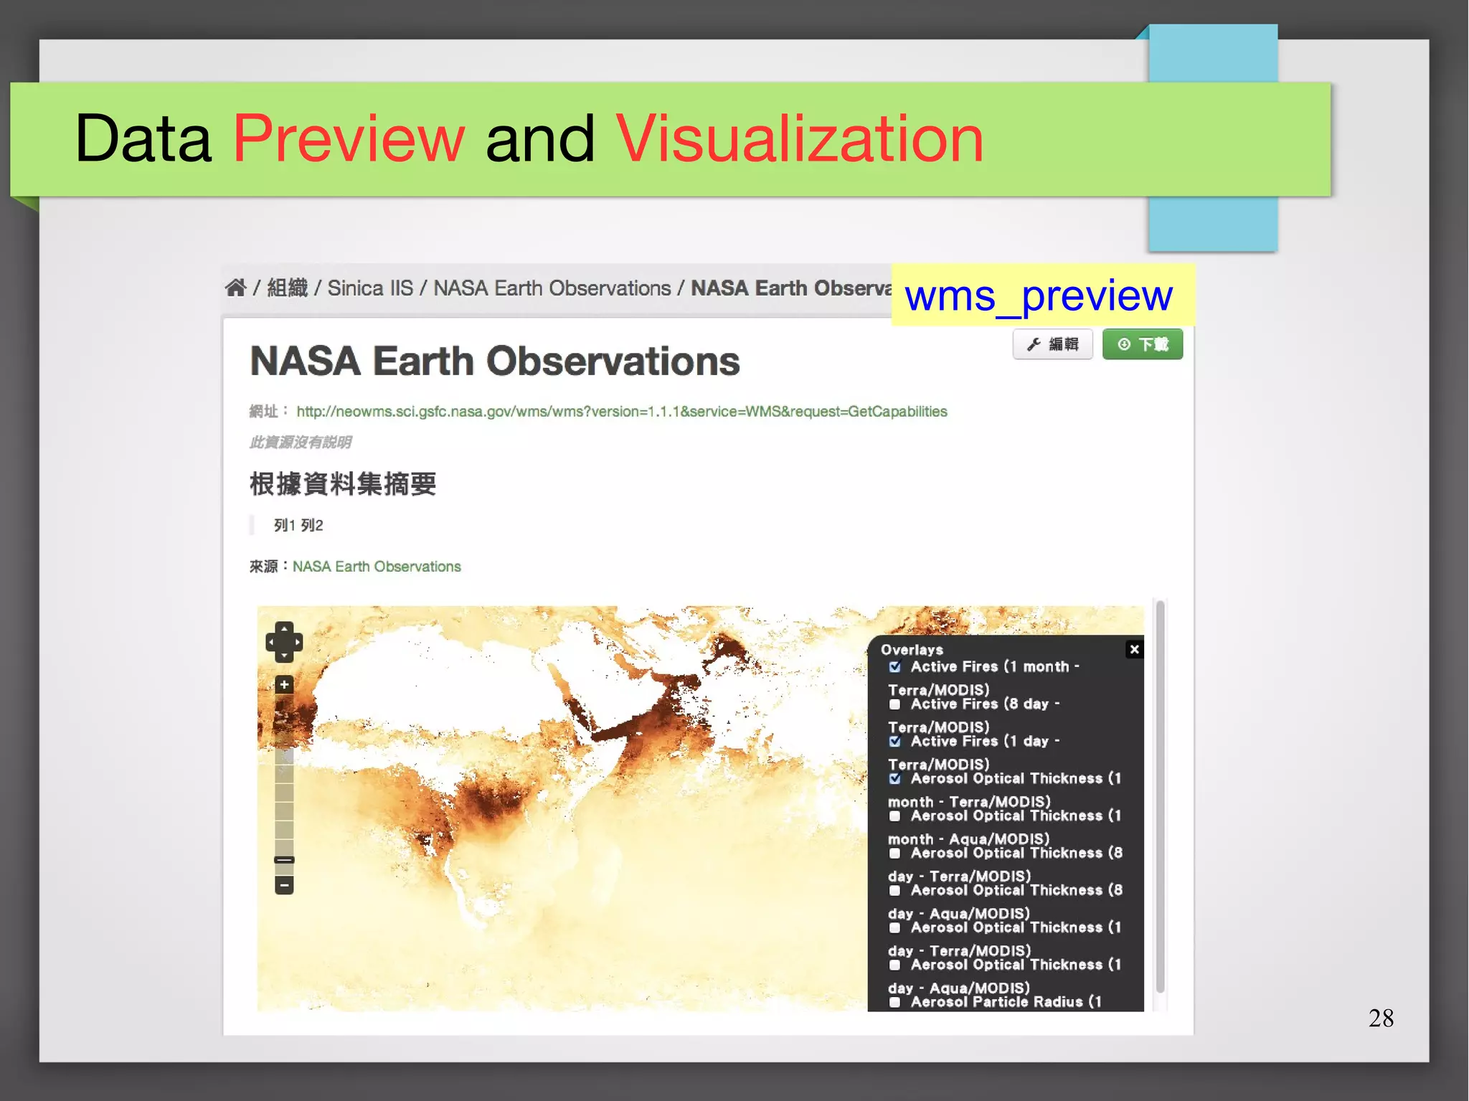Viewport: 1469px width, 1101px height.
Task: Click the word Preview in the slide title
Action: point(349,138)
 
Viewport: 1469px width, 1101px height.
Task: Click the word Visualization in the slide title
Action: point(799,138)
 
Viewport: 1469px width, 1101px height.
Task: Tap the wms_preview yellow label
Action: point(1039,295)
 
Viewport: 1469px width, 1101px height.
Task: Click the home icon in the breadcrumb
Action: point(235,288)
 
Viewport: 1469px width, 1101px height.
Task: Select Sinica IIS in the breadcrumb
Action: point(370,288)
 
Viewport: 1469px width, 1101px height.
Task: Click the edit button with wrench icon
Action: point(1052,344)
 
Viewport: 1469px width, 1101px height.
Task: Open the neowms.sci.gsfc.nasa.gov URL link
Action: point(621,411)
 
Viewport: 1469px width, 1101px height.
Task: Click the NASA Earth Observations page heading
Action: point(494,361)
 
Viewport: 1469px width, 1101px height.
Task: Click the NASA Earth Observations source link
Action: point(377,566)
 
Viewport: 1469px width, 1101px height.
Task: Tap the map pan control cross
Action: point(284,641)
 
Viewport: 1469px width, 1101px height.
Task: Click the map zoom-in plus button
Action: point(284,684)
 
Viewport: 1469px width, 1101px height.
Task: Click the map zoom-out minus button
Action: point(284,885)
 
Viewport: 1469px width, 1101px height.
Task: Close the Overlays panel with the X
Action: point(1134,649)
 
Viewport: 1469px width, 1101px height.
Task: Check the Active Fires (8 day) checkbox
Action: point(894,704)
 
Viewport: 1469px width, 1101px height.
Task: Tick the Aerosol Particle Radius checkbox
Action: point(894,1002)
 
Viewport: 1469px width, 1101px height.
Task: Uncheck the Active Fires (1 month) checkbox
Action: point(894,667)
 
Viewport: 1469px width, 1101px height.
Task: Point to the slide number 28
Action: point(1381,1018)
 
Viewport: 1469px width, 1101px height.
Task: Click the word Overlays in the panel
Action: point(912,650)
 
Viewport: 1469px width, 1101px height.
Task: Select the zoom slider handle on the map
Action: point(284,859)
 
